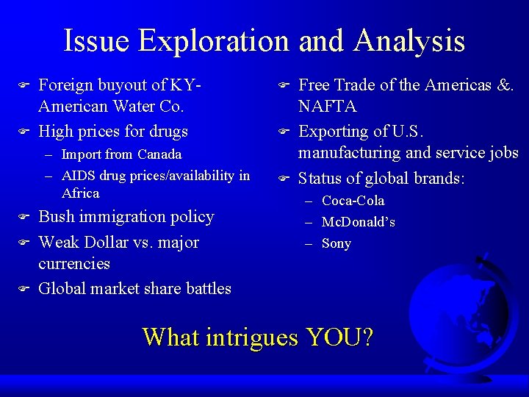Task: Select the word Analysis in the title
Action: click(x=409, y=41)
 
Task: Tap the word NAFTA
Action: click(x=327, y=107)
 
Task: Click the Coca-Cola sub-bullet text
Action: click(x=353, y=201)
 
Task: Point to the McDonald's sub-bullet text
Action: click(x=359, y=222)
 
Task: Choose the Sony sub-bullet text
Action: click(x=337, y=243)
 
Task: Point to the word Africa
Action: click(x=81, y=193)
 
